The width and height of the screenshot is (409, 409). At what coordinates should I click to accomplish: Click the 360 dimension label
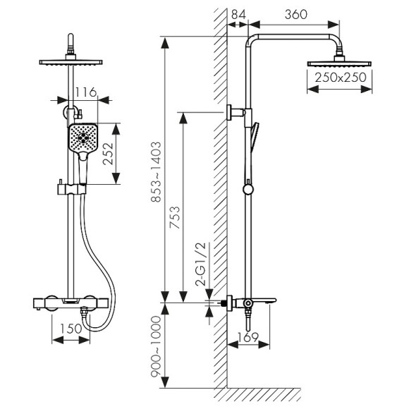point(295,14)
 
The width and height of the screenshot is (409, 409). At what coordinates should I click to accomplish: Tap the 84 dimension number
point(238,14)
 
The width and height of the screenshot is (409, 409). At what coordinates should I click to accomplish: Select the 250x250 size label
point(341,78)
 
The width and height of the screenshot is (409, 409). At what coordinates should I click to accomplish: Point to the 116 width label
point(86,92)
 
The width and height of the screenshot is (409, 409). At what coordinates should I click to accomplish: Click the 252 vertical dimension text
point(108,154)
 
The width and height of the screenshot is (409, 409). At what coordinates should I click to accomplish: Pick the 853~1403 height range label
point(157,172)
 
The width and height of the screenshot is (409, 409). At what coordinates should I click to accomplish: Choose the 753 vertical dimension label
point(174,217)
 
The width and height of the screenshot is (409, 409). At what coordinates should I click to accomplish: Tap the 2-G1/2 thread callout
point(201,264)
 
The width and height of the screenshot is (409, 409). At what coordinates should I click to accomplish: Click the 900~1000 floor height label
point(157,346)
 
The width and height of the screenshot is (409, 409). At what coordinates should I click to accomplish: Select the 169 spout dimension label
point(248,337)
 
